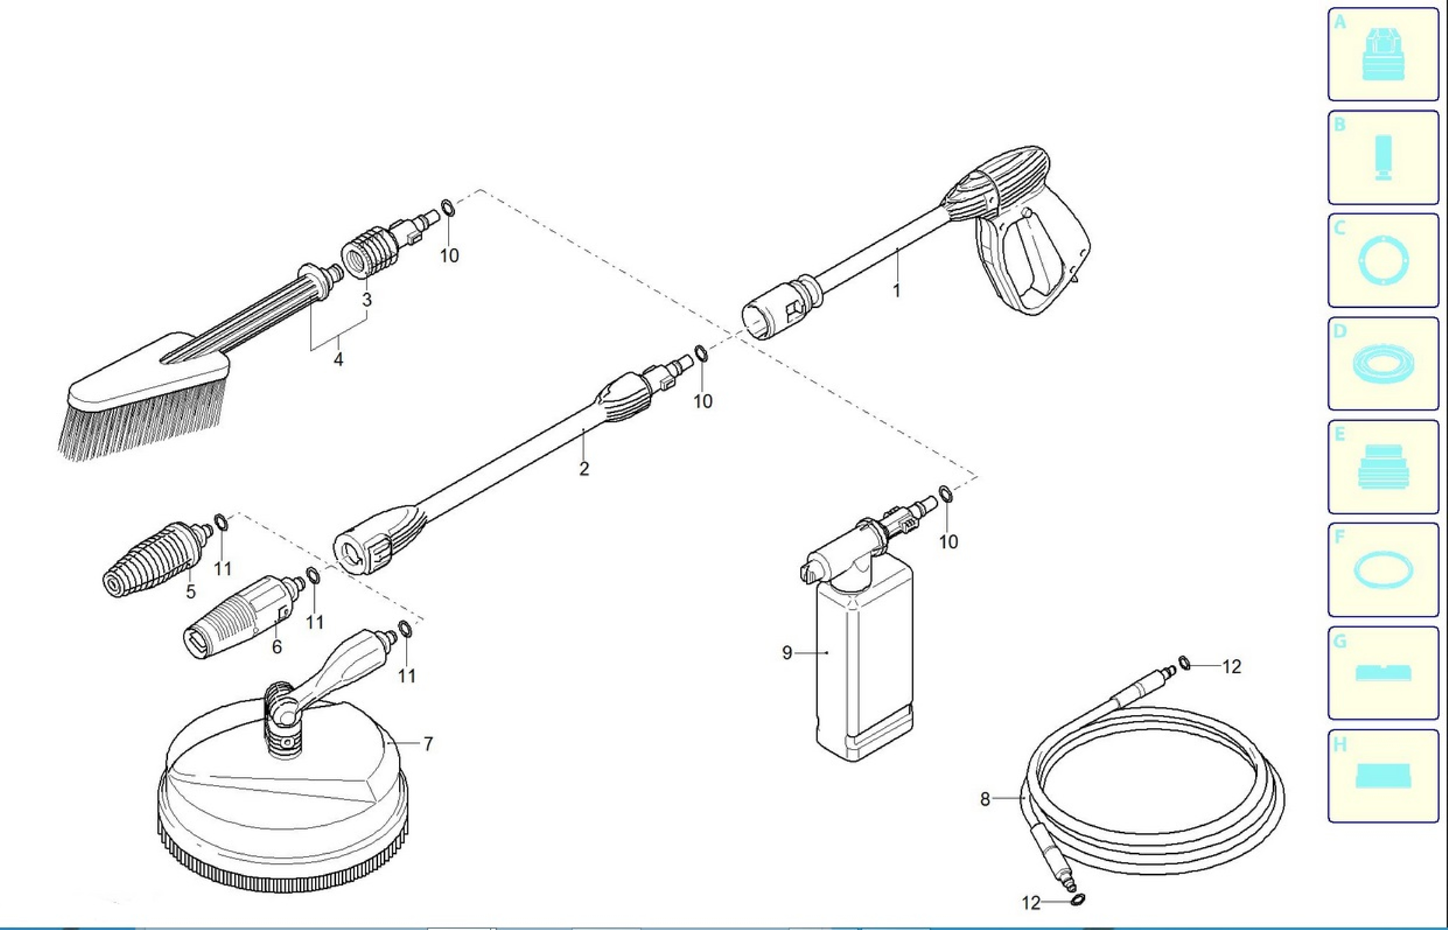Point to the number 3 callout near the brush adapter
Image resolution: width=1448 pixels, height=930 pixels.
367,300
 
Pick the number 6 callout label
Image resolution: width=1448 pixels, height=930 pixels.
277,647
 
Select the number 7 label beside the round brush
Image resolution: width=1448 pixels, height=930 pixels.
428,744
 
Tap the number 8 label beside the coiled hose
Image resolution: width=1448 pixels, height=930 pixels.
985,799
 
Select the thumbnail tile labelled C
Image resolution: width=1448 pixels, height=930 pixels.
1383,260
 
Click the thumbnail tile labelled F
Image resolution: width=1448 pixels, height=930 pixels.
1383,570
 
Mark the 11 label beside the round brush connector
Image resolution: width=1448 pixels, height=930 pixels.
406,676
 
